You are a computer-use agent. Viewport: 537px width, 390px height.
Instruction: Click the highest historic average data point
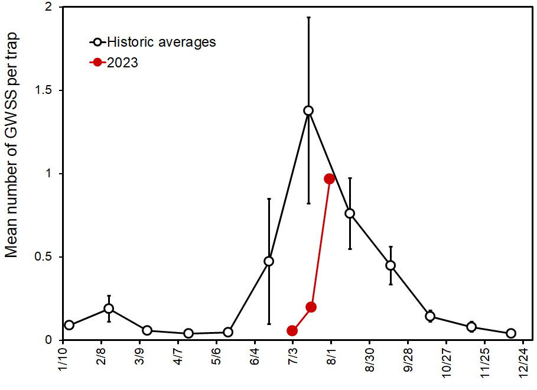pyautogui.click(x=308, y=110)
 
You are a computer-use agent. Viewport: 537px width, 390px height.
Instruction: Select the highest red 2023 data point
pyautogui.click(x=330, y=178)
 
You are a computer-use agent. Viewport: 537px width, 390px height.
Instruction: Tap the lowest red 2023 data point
pyautogui.click(x=292, y=330)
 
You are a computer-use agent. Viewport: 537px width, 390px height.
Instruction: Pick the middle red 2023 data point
pyautogui.click(x=311, y=307)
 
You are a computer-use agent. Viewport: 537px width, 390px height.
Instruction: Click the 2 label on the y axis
pyautogui.click(x=47, y=8)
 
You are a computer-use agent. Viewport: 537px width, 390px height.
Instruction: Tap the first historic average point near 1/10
pyautogui.click(x=69, y=325)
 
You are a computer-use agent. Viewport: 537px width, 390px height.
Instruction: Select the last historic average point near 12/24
pyautogui.click(x=511, y=333)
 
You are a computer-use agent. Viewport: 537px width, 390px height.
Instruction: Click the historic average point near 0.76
pyautogui.click(x=350, y=213)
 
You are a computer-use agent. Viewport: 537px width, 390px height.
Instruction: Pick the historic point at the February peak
pyautogui.click(x=109, y=308)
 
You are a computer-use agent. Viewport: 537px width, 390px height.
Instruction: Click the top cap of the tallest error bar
pyautogui.click(x=308, y=18)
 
